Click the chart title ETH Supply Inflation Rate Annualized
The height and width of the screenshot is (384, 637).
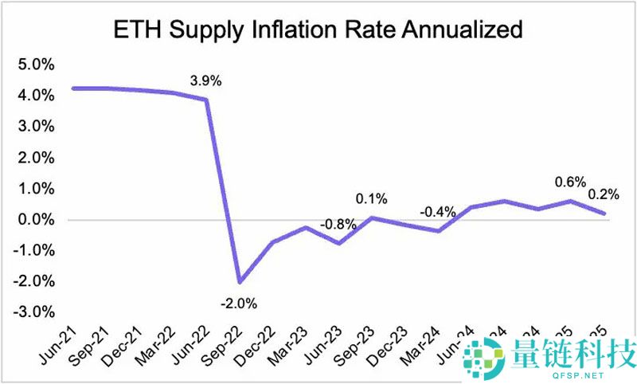coord(318,29)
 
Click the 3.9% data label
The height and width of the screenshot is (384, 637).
coord(205,81)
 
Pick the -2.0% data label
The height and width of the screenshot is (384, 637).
coord(239,304)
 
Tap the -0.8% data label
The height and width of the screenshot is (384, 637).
coord(338,224)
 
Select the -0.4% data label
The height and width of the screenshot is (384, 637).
coord(439,212)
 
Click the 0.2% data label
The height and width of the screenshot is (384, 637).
coord(604,194)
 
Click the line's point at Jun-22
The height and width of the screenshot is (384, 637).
coord(207,100)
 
